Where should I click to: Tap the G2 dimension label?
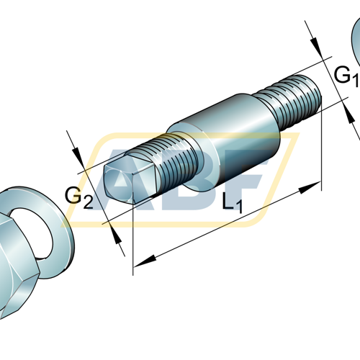(78, 196)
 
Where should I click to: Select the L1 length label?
(232, 204)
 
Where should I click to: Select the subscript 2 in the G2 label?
(88, 202)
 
